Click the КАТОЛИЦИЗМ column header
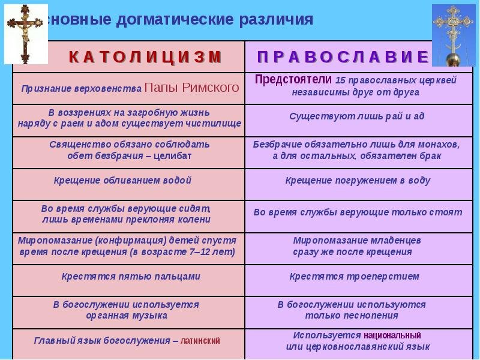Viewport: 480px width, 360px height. tap(145, 57)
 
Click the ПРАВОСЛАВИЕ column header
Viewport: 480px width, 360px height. tap(343, 57)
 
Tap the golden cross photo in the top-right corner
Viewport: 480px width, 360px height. tap(454, 35)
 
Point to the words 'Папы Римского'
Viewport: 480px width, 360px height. tap(192, 88)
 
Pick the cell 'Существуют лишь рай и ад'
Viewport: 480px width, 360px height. tap(356, 116)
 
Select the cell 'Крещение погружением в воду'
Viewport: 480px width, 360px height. tap(358, 180)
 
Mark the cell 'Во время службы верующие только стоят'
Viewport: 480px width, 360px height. tap(358, 212)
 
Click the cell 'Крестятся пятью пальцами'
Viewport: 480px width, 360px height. tap(130, 276)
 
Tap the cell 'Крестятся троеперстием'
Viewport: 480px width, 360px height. tap(354, 276)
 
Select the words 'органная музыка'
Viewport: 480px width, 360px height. tap(126, 315)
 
